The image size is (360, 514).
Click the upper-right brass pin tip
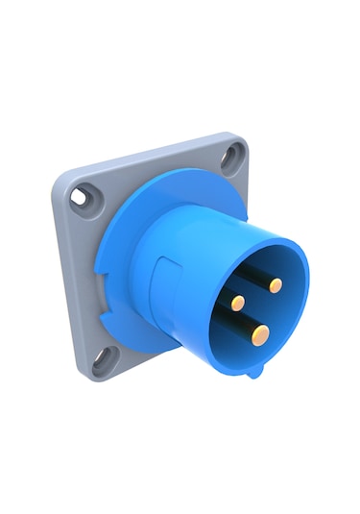tap(276, 285)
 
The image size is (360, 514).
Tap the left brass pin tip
tap(238, 303)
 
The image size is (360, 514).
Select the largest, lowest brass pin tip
tap(260, 333)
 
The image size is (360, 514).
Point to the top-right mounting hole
tap(230, 157)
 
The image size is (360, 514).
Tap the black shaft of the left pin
tap(225, 297)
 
